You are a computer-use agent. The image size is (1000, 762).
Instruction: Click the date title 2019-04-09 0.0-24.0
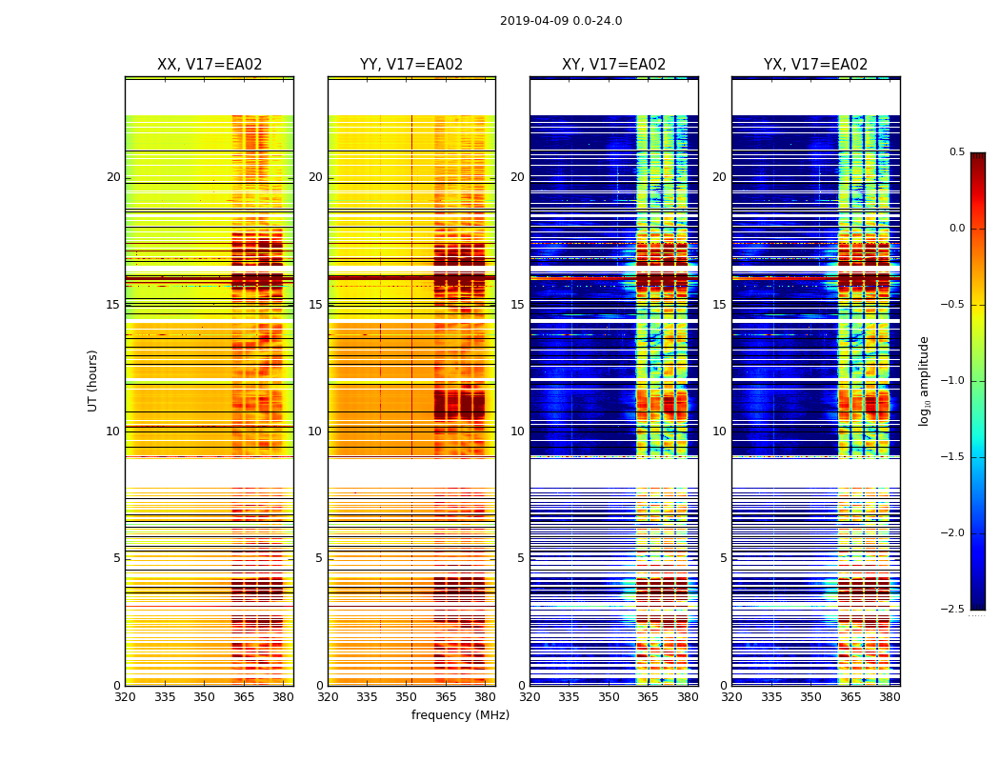pyautogui.click(x=561, y=21)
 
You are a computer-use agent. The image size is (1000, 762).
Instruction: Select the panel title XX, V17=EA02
pyautogui.click(x=210, y=65)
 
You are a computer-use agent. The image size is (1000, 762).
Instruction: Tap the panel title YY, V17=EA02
pyautogui.click(x=411, y=65)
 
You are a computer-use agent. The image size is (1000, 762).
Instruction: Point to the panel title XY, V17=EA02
pyautogui.click(x=614, y=65)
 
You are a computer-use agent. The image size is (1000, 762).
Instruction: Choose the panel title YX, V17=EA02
pyautogui.click(x=816, y=65)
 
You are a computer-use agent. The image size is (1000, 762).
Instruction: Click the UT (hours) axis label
pyautogui.click(x=93, y=380)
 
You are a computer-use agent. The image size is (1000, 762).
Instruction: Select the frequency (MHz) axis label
pyautogui.click(x=460, y=715)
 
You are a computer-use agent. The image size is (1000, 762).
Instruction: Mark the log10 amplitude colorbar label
pyautogui.click(x=924, y=380)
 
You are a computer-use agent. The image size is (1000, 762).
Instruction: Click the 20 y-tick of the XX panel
pyautogui.click(x=113, y=177)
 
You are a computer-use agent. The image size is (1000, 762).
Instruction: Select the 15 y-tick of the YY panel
pyautogui.click(x=316, y=305)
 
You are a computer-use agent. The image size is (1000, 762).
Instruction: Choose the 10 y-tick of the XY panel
pyautogui.click(x=518, y=431)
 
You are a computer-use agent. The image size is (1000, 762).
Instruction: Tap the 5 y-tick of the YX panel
pyautogui.click(x=724, y=558)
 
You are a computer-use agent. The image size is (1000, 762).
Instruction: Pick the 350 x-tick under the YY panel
pyautogui.click(x=407, y=696)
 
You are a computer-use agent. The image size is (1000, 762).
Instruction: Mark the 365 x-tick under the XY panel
pyautogui.click(x=649, y=696)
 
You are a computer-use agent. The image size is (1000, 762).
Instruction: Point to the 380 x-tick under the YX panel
pyautogui.click(x=890, y=696)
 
